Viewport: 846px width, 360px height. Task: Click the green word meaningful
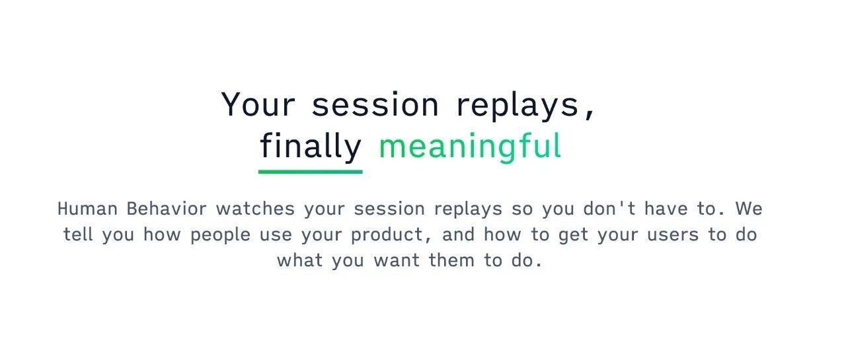(x=470, y=147)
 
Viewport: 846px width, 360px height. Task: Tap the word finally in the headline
(x=311, y=147)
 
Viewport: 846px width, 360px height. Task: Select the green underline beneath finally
(x=311, y=172)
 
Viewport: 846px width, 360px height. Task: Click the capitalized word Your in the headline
(x=258, y=104)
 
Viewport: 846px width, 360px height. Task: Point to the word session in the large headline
(x=375, y=104)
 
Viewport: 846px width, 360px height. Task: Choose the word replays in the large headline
(x=518, y=106)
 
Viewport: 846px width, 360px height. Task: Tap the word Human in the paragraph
(x=87, y=209)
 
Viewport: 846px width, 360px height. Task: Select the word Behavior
(x=167, y=209)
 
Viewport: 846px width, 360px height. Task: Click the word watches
(x=255, y=209)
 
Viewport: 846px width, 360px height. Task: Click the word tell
(x=78, y=234)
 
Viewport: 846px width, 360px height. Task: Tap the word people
(x=220, y=235)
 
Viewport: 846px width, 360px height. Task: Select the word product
(x=387, y=235)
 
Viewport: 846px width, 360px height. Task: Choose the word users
(x=673, y=234)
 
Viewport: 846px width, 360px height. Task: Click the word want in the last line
(x=397, y=260)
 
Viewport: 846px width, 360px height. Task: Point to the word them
(x=451, y=260)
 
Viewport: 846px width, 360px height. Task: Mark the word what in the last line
(x=300, y=260)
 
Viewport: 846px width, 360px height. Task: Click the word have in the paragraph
(x=666, y=209)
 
